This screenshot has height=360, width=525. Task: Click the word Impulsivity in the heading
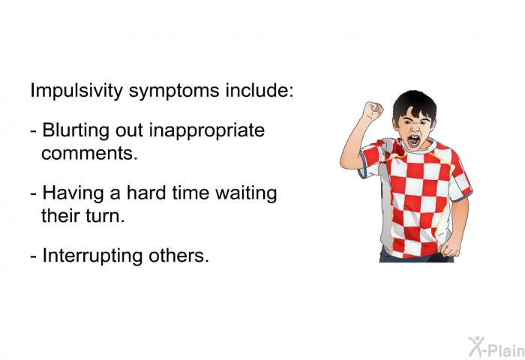pyautogui.click(x=76, y=91)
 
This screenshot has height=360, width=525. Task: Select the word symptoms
pyautogui.click(x=174, y=91)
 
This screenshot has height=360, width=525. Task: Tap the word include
pyautogui.click(x=259, y=90)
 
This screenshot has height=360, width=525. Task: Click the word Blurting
pyautogui.click(x=76, y=131)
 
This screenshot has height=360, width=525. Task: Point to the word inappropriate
pyautogui.click(x=206, y=131)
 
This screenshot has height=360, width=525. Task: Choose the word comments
pyautogui.click(x=89, y=154)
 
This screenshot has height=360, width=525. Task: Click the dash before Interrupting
pyautogui.click(x=33, y=257)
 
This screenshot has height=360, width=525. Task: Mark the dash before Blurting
pyautogui.click(x=33, y=131)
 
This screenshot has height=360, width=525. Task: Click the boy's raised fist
pyautogui.click(x=373, y=110)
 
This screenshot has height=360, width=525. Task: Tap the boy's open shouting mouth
pyautogui.click(x=414, y=141)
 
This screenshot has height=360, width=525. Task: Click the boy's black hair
pyautogui.click(x=415, y=104)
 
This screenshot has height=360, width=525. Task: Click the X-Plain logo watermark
pyautogui.click(x=496, y=347)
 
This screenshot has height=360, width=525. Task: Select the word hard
pyautogui.click(x=146, y=193)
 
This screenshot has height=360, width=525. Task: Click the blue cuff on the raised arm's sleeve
pyautogui.click(x=362, y=165)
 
